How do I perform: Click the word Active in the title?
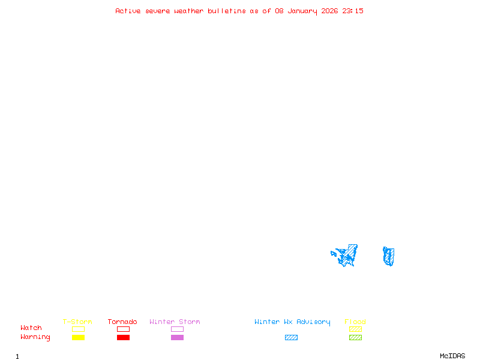pyautogui.click(x=128, y=11)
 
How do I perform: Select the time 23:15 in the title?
pyautogui.click(x=353, y=11)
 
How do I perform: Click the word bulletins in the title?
pyautogui.click(x=227, y=11)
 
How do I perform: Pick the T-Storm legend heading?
pyautogui.click(x=77, y=322)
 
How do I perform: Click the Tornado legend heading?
pyautogui.click(x=122, y=322)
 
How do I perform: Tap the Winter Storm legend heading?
pyautogui.click(x=175, y=322)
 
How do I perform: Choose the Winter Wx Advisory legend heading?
pyautogui.click(x=292, y=322)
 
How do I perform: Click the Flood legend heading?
pyautogui.click(x=355, y=322)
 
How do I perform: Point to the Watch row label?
pyautogui.click(x=31, y=328)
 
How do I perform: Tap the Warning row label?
pyautogui.click(x=35, y=337)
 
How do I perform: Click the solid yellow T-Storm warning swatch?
pyautogui.click(x=78, y=338)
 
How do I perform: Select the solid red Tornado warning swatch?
pyautogui.click(x=123, y=338)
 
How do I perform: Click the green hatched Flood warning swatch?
pyautogui.click(x=355, y=338)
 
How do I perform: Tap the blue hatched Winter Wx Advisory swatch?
pyautogui.click(x=291, y=338)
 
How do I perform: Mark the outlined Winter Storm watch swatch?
pyautogui.click(x=177, y=329)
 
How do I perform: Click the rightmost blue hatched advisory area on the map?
pyautogui.click(x=389, y=256)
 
